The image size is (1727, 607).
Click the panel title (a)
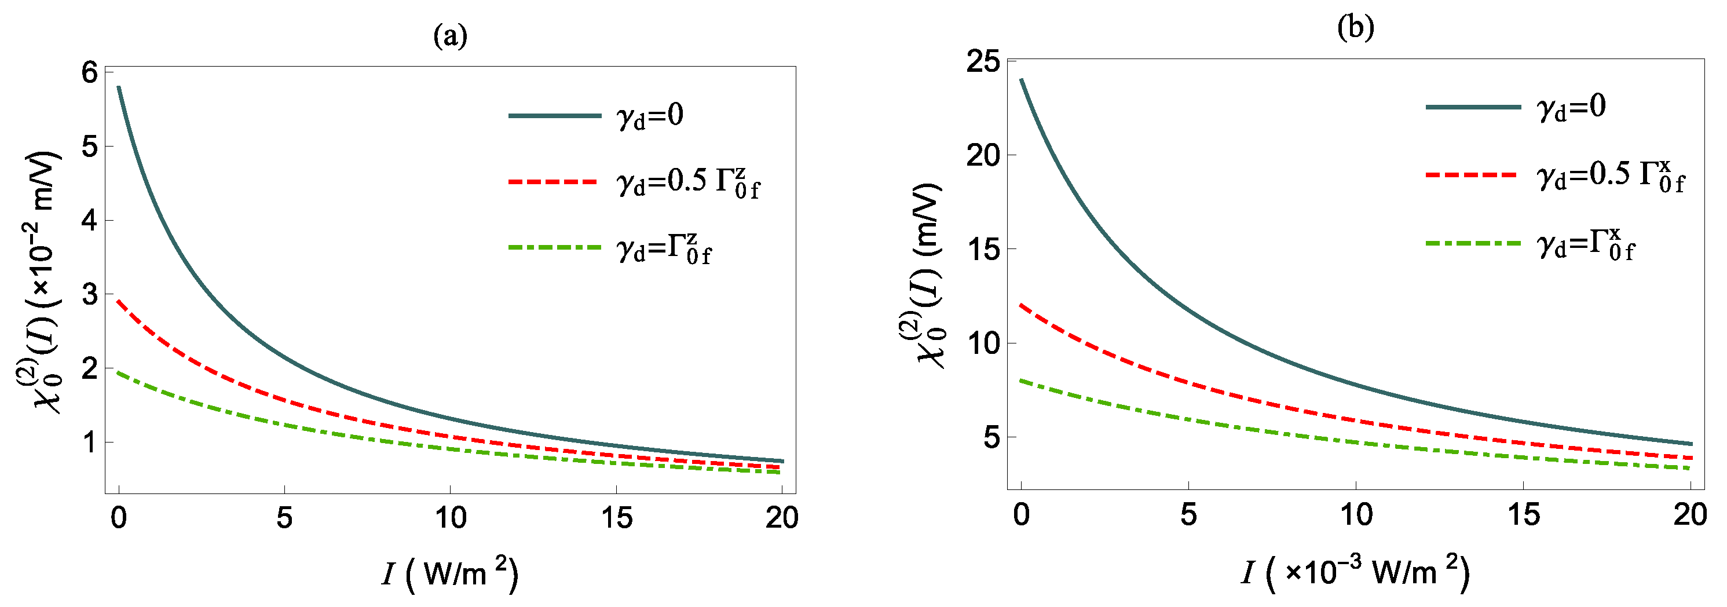coord(450,35)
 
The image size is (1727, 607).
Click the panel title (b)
coord(1355,27)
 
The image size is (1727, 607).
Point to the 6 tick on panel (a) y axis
coord(89,72)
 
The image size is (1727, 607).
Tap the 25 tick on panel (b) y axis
coord(982,62)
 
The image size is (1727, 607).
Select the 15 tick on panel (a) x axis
coord(616,517)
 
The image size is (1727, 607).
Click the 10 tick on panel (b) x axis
coord(1356,514)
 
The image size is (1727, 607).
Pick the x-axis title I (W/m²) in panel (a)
coord(450,573)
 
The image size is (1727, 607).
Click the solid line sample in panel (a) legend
coord(554,115)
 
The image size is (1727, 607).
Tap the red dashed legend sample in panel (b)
coord(1472,174)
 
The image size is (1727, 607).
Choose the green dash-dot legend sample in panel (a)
coord(554,247)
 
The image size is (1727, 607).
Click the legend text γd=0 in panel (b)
coord(1571,107)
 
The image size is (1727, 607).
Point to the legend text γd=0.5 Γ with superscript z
coord(687,182)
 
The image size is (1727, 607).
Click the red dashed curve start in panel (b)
coord(1021,305)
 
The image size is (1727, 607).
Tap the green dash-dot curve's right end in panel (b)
coord(1690,468)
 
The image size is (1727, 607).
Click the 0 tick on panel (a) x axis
coord(119,517)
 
